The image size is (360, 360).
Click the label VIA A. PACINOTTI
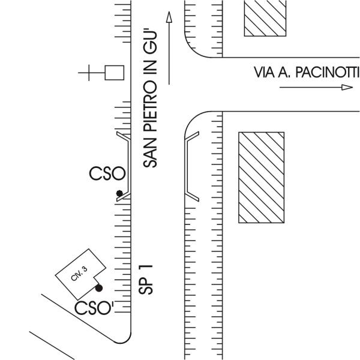point(306,72)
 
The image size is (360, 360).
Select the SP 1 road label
point(146,280)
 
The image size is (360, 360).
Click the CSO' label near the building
point(94,308)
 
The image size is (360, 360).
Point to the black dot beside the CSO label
point(119,193)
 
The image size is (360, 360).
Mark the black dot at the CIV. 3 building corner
point(99,288)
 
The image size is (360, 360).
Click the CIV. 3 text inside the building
point(79,274)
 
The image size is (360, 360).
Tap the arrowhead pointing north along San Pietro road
point(169,17)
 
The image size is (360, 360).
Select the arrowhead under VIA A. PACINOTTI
point(347,87)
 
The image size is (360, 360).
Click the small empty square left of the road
point(115,73)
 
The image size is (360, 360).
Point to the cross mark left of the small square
point(89,73)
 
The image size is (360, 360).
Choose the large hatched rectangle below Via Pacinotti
point(262,178)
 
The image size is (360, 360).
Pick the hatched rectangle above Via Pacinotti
point(265,18)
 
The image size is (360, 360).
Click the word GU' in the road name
point(150,41)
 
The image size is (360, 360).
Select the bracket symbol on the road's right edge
point(188,166)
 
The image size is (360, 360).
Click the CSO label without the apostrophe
point(107,173)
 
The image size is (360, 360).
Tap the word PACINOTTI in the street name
point(327,72)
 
